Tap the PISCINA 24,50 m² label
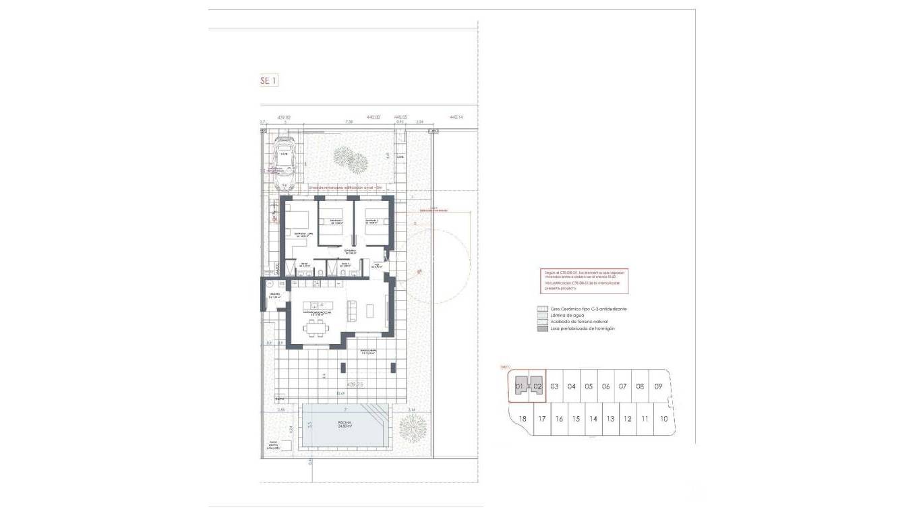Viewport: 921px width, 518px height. coord(345,425)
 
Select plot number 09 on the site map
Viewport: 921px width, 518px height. coord(658,386)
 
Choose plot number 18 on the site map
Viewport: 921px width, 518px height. coord(523,419)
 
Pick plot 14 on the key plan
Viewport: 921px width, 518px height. coord(593,419)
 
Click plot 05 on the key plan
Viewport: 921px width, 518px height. coord(589,386)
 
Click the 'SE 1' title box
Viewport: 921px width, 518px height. coord(268,81)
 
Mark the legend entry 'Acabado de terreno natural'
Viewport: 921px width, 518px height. coord(574,322)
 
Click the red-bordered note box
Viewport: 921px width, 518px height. coord(585,281)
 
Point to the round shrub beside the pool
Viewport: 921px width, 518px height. coord(412,427)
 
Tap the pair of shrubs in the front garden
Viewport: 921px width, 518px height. coord(351,160)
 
